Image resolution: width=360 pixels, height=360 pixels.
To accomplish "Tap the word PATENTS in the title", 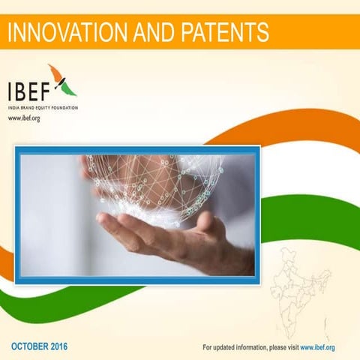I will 221,31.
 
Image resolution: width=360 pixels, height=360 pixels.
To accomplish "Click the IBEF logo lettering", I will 33,91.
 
